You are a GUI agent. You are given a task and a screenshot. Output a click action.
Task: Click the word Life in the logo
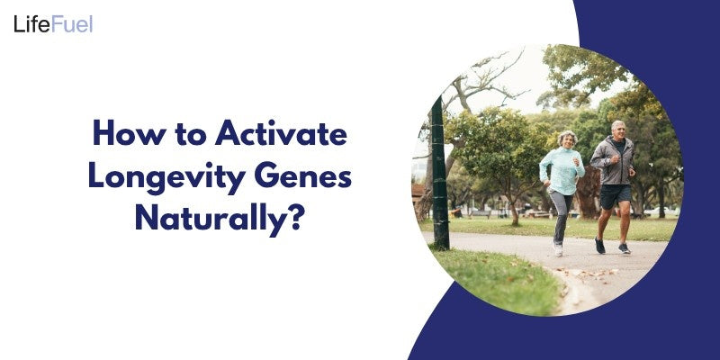pyautogui.click(x=31, y=24)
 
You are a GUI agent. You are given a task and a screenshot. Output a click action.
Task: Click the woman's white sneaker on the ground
pyautogui.click(x=558, y=249)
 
